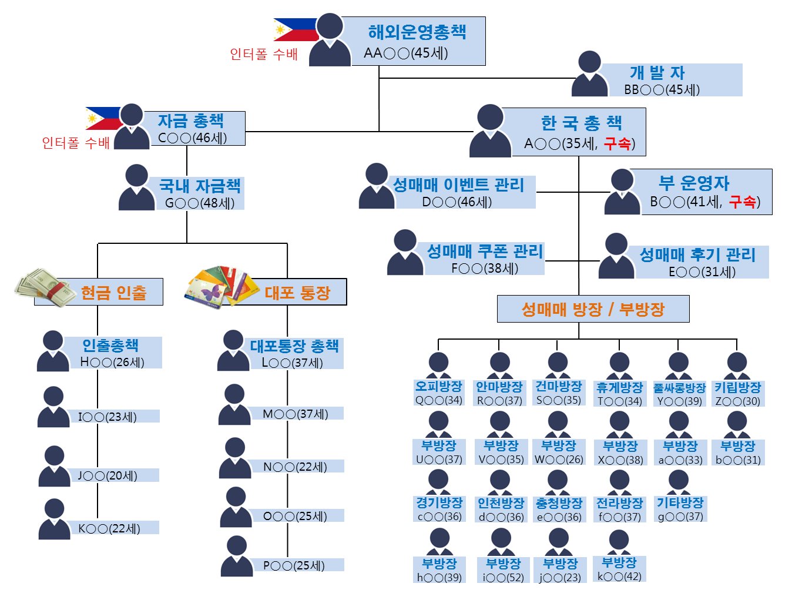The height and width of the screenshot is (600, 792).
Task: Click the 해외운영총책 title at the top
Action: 417,32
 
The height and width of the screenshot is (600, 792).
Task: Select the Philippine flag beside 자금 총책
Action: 102,118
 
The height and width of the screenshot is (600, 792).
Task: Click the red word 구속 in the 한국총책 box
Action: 617,143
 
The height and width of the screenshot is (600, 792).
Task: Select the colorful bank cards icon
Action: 218,286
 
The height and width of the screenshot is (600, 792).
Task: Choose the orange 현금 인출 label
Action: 114,292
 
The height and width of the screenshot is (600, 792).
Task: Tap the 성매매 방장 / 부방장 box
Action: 593,309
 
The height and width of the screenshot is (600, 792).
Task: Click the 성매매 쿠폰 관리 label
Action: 485,252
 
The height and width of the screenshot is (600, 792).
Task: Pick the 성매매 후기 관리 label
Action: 697,255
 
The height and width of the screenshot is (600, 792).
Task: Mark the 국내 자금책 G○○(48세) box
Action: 200,193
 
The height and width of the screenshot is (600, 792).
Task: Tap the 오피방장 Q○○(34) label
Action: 439,393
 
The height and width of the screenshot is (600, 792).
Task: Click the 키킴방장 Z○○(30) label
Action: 737,393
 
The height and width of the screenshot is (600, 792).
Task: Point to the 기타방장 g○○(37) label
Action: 680,509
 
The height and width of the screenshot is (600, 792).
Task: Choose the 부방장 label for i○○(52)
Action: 503,569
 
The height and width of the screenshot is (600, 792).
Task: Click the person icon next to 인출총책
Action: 53,351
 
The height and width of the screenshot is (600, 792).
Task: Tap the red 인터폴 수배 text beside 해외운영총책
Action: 264,55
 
